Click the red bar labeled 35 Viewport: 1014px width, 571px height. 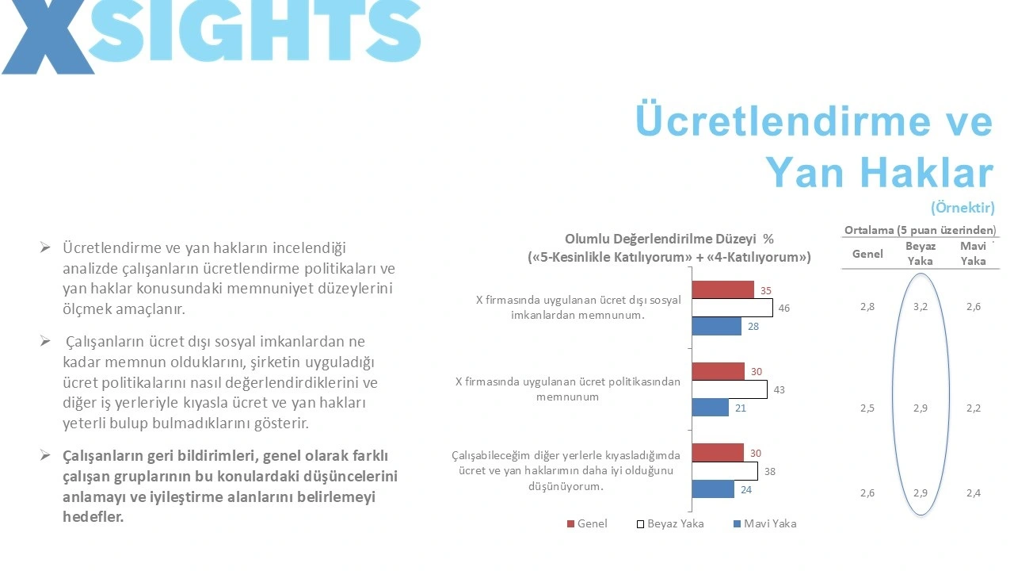[x=722, y=289]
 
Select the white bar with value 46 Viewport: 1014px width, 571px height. [x=732, y=308]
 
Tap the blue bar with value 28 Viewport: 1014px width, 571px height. [x=716, y=326]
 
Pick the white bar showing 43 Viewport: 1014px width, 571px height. [x=729, y=389]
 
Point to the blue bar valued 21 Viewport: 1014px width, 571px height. [x=710, y=408]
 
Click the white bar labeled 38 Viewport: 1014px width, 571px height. [x=724, y=471]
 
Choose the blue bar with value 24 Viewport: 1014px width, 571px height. [x=713, y=489]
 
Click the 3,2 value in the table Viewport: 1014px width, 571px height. [x=920, y=307]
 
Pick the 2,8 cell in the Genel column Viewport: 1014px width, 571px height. [x=867, y=307]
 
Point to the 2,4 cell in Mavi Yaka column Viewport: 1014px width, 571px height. [x=974, y=493]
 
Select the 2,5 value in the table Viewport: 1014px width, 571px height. [x=867, y=408]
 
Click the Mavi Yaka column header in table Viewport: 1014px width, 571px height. [x=974, y=254]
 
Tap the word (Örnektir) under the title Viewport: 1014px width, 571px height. [x=963, y=209]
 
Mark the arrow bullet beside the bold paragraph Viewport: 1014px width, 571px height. [x=46, y=455]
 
